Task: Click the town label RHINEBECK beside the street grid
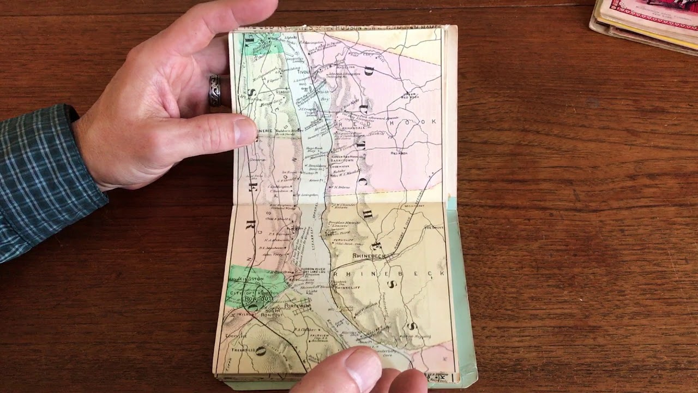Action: click(x=369, y=255)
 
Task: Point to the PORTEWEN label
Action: click(x=297, y=307)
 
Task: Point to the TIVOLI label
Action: click(x=303, y=72)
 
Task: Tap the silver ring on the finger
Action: click(x=215, y=90)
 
